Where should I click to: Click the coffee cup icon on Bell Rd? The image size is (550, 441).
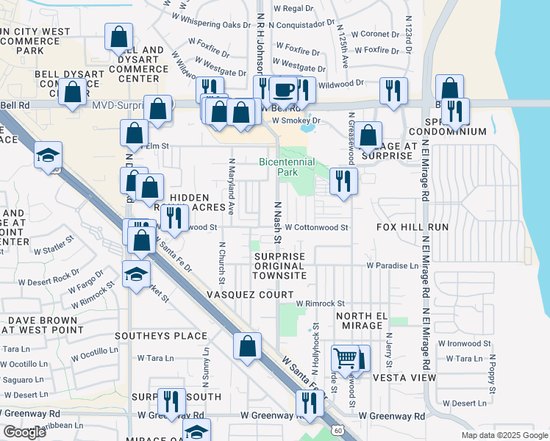(x=284, y=90)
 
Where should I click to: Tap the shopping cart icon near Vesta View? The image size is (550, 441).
(x=344, y=359)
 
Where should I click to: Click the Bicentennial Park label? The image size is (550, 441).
(x=287, y=166)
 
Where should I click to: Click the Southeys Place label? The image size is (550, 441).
(x=161, y=336)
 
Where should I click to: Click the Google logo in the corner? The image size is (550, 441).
(x=24, y=432)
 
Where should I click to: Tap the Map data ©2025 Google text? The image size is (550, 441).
(x=504, y=435)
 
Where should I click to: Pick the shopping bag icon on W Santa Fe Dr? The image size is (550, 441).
(x=248, y=346)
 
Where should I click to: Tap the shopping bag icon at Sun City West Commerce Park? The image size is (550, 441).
(x=118, y=36)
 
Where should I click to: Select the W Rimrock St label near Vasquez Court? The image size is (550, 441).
(x=321, y=304)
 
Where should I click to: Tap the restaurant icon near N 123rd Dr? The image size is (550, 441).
(x=393, y=90)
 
